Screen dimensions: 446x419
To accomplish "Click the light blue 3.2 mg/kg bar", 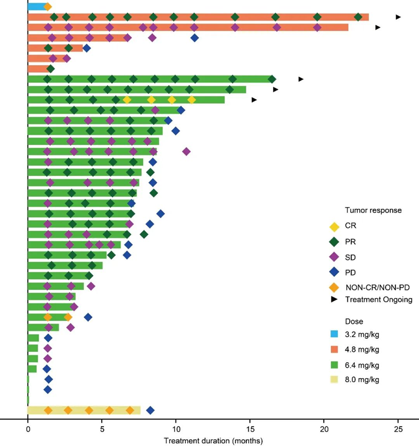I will pos(36,7).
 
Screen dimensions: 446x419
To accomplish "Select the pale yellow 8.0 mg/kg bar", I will pos(82,410).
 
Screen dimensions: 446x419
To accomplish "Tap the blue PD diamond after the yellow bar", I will pos(150,410).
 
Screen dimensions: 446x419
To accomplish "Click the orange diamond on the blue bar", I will pos(48,7).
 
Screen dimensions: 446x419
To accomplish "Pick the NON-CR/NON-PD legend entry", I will pos(377,287).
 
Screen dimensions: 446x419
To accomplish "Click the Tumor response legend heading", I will pos(365,210).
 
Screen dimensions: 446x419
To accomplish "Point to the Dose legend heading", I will pos(354,322).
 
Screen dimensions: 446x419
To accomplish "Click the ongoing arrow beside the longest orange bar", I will pos(398,17).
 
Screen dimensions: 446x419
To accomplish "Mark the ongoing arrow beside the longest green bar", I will pos(301,79).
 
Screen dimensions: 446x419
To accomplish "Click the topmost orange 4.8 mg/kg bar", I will pos(198,17).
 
